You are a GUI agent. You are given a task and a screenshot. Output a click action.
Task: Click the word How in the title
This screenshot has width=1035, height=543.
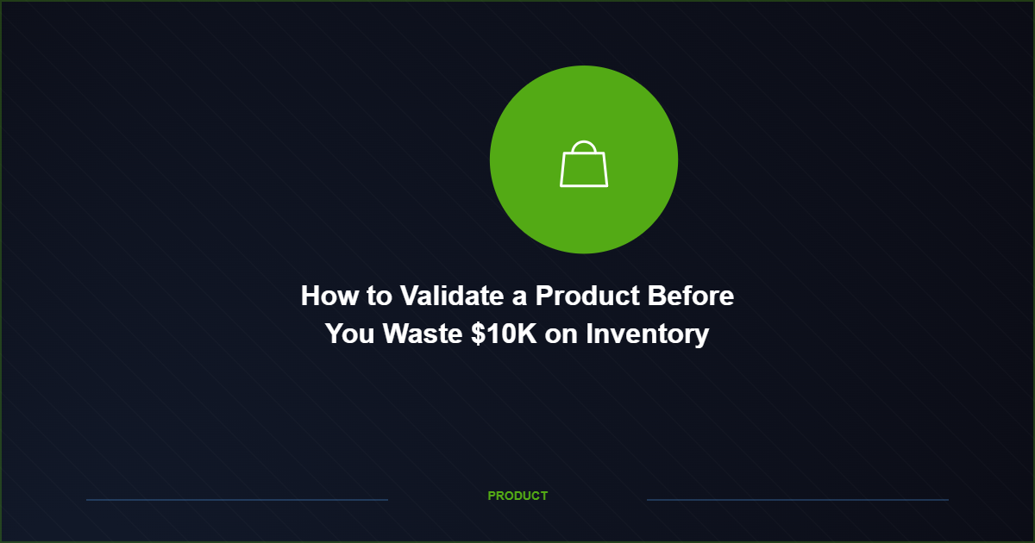[x=328, y=296]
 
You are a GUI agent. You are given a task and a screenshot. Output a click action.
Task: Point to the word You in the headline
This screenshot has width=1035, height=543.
[x=350, y=334]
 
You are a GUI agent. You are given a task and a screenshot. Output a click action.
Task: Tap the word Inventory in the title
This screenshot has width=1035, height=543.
[x=647, y=334]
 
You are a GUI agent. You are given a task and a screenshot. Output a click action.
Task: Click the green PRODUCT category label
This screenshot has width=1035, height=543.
[x=517, y=496]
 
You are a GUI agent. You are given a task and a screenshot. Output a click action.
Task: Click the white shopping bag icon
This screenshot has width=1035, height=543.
[x=584, y=165]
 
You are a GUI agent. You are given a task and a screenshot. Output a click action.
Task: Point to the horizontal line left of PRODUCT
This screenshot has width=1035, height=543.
[x=237, y=499]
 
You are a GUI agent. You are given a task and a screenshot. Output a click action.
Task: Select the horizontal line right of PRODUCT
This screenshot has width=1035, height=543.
[x=798, y=499]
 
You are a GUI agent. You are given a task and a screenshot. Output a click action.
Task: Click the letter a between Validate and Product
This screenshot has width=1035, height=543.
[x=519, y=297]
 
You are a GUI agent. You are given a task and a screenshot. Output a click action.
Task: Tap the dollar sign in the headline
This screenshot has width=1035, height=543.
[x=479, y=334]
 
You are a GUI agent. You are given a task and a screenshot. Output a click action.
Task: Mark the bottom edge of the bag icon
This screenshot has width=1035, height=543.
[x=584, y=185]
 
